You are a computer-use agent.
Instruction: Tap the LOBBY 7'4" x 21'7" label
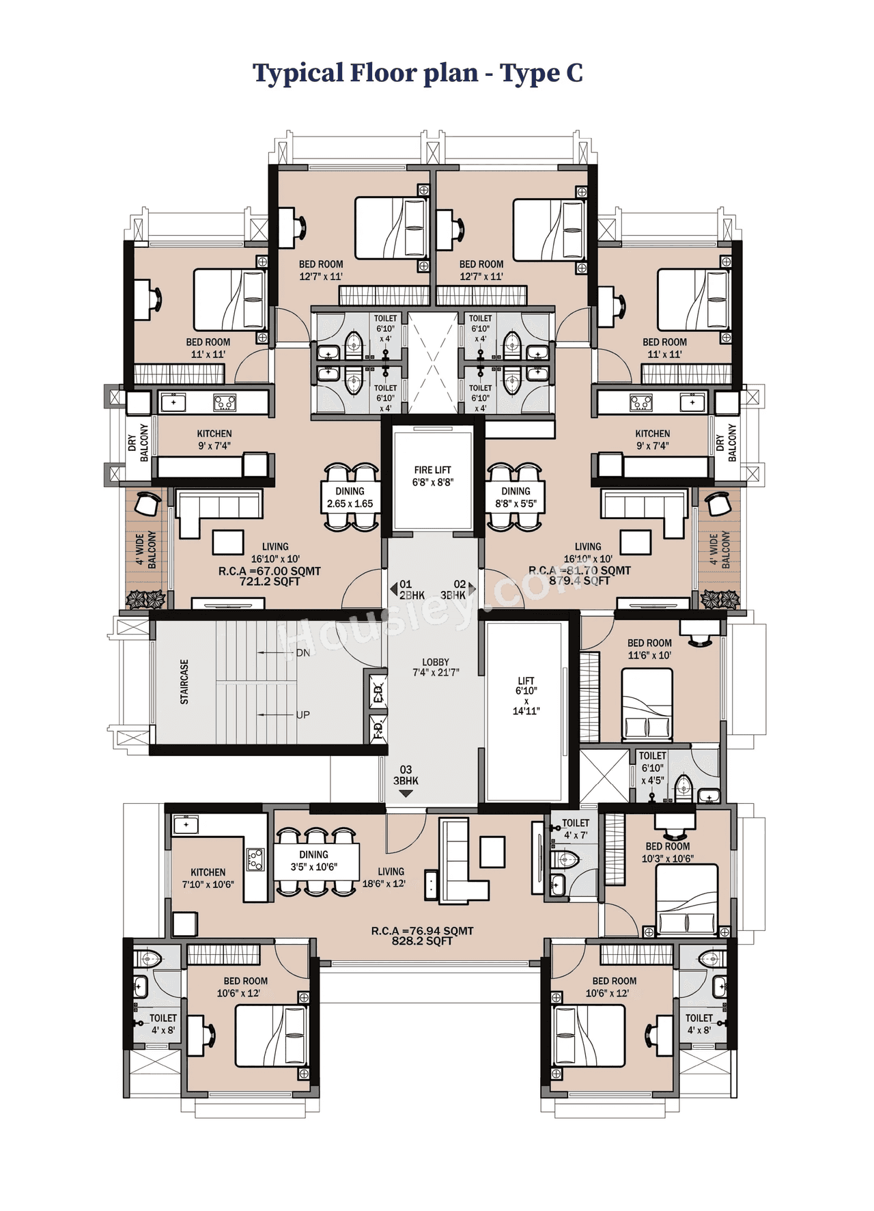435,667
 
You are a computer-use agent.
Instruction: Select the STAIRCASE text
184,682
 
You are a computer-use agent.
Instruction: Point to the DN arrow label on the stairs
302,653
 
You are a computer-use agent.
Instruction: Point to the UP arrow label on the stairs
302,714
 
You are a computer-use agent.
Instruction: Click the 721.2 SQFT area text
269,582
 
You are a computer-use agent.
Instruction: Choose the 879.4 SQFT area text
579,581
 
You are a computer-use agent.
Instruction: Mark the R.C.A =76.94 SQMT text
422,930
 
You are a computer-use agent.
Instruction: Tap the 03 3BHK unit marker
406,776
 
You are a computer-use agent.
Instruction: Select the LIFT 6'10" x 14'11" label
526,695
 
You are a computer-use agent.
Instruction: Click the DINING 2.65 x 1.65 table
350,497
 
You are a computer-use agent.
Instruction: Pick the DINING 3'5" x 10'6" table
314,861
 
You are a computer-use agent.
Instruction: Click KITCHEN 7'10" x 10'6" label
208,878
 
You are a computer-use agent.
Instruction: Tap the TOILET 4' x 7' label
575,829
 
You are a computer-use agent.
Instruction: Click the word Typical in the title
298,73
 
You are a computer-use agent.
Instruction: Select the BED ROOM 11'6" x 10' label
649,649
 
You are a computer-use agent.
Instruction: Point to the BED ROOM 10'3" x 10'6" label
667,852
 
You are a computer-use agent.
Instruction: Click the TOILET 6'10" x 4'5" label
652,768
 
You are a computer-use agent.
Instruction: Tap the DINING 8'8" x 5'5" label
516,497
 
